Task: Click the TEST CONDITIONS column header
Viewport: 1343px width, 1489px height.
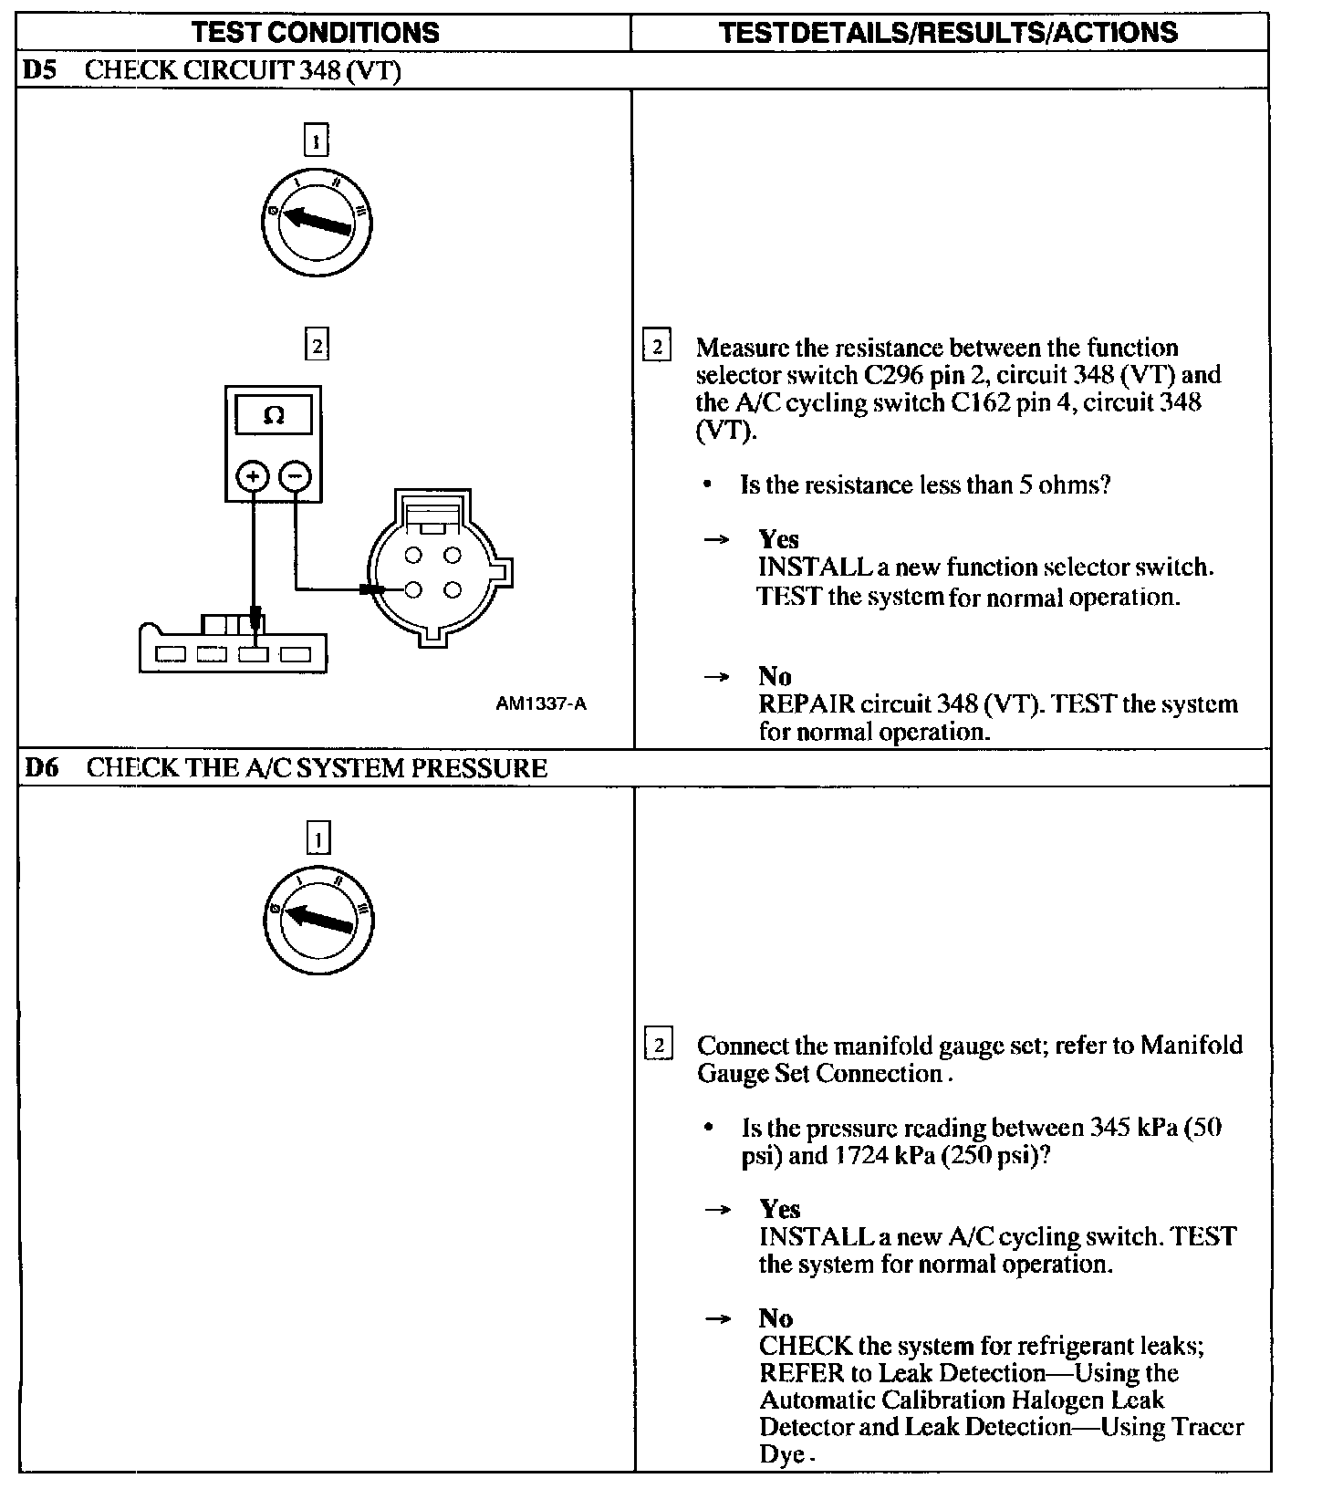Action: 316,33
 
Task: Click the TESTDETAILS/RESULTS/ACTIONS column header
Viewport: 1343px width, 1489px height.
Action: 948,33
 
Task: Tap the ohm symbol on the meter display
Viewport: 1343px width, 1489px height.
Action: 273,416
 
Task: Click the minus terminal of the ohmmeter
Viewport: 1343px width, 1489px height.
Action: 295,475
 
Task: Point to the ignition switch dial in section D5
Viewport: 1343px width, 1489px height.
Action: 316,224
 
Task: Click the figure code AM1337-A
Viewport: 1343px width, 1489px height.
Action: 541,704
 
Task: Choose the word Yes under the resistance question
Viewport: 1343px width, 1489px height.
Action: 778,539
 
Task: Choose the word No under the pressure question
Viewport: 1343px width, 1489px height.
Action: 776,1318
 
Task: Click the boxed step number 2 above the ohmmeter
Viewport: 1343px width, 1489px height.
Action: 316,345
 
